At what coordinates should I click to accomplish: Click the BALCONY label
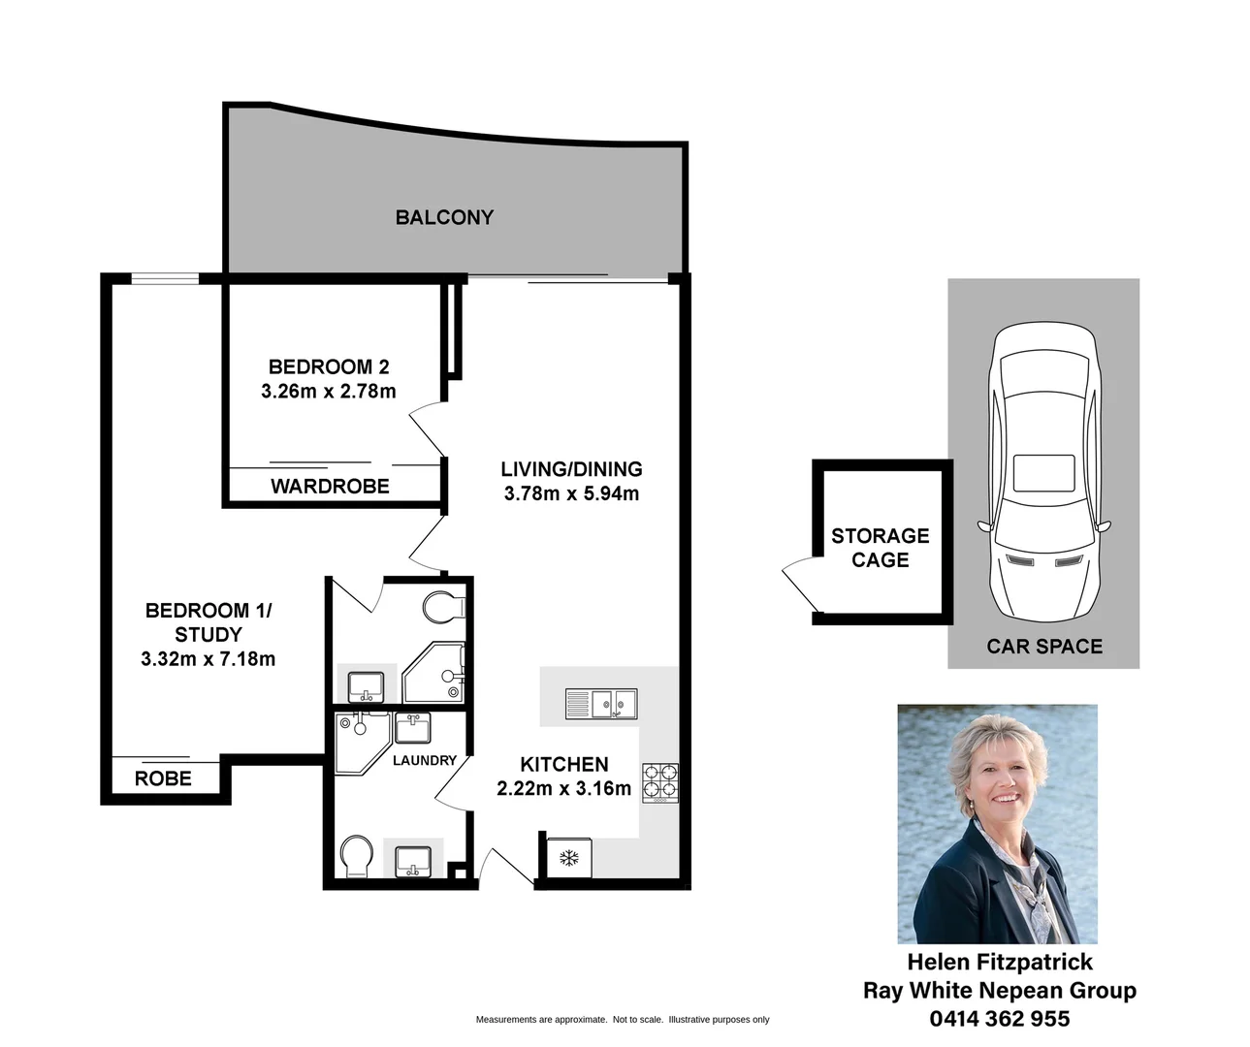point(444,217)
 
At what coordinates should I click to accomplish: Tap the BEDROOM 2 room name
point(329,366)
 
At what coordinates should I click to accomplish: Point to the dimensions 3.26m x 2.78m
point(329,392)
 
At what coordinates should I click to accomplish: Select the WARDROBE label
point(330,486)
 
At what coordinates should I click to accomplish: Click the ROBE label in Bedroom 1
point(163,778)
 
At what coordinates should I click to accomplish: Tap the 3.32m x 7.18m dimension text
point(208,659)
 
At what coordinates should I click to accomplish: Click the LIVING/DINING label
point(571,469)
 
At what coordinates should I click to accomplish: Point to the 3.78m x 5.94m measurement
point(571,493)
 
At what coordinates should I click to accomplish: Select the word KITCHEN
point(564,764)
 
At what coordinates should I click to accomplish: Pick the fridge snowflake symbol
point(568,858)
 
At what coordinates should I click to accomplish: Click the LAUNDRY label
point(424,760)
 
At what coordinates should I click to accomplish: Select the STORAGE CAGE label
point(880,548)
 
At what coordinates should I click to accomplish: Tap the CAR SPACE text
point(1044,647)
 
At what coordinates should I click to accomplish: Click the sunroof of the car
point(1043,473)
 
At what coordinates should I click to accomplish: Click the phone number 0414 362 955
point(1000,1018)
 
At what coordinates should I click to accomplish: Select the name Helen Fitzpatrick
point(1000,962)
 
